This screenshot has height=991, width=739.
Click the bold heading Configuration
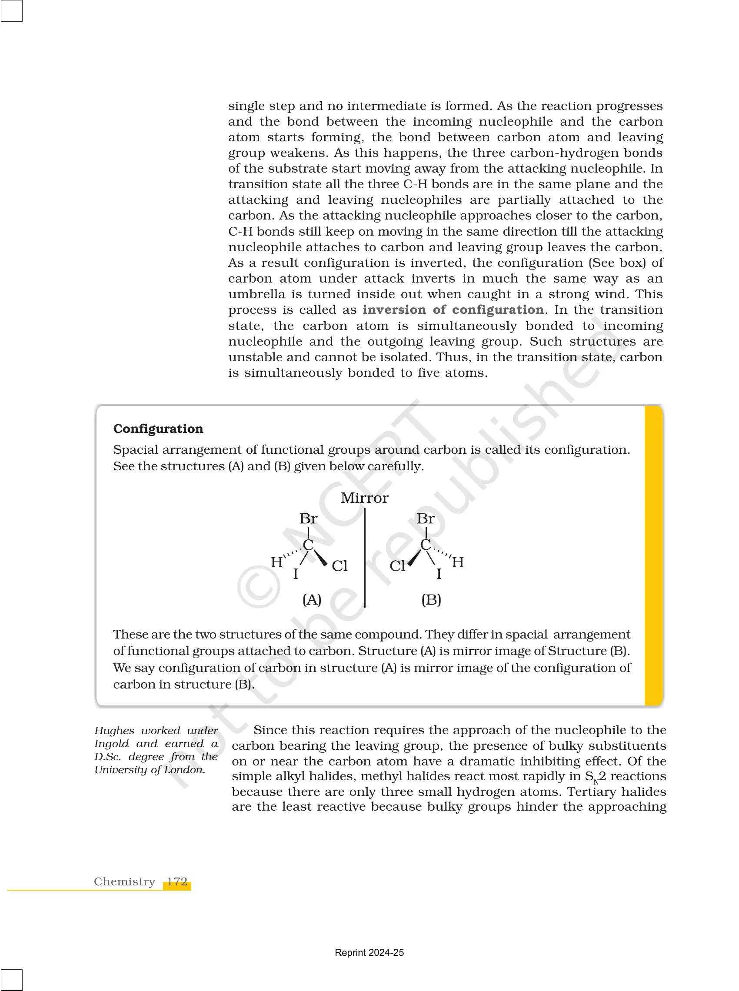pos(158,429)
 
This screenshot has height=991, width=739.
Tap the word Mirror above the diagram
pos(365,498)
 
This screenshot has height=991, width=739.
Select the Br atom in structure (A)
pos(308,519)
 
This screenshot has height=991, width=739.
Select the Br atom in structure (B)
pos(426,519)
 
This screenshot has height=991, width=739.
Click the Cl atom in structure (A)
pos(340,566)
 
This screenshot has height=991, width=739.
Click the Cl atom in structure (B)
pos(397,566)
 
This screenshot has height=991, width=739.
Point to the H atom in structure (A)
pos(276,562)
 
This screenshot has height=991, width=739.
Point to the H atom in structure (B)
pos(458,562)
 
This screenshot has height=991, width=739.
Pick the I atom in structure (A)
pos(295,574)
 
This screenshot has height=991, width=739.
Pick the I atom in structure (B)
pos(439,574)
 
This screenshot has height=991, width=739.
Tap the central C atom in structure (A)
pos(308,545)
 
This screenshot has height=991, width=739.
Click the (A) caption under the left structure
pos(312,600)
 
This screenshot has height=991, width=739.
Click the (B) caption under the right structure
pos(431,600)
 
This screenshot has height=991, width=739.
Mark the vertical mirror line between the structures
pos(365,559)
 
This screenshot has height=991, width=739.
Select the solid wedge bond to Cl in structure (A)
pos(320,557)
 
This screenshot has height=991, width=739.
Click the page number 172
pos(177,881)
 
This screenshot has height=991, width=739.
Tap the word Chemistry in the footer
pos(124,881)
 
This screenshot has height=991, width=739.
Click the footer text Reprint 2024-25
pos(369,953)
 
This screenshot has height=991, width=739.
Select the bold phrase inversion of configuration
pos(453,309)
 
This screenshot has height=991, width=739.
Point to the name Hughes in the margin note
pos(114,730)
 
